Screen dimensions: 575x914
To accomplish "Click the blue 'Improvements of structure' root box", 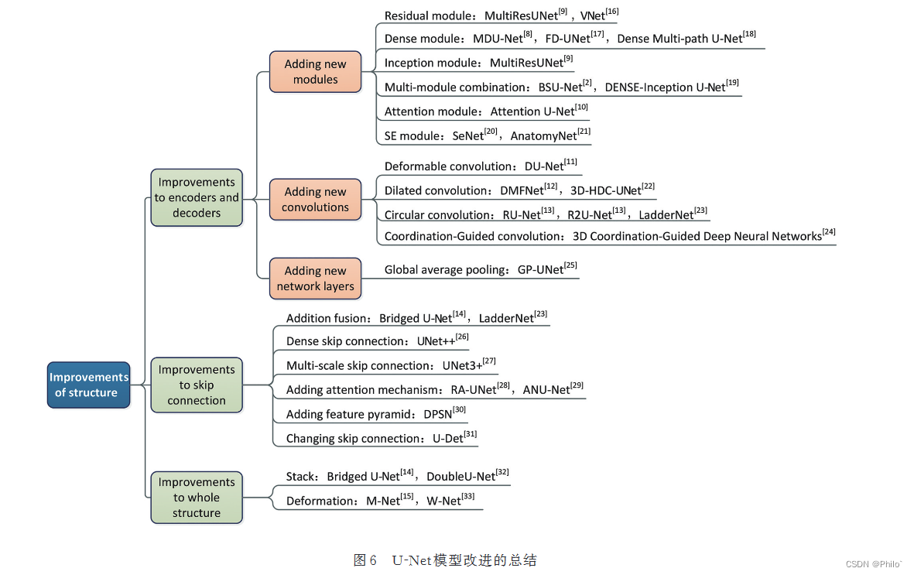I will click(88, 385).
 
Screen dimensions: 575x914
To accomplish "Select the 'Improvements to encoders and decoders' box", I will click(197, 197).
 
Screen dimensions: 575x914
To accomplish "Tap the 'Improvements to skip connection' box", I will click(197, 385).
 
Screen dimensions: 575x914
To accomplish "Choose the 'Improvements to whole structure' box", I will click(197, 497).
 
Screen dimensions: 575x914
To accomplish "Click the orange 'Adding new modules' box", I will click(315, 71).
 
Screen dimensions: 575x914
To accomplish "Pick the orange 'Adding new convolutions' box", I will click(315, 199).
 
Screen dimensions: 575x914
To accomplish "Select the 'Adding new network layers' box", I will click(315, 278).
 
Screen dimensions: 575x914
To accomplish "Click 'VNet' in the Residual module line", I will click(592, 15).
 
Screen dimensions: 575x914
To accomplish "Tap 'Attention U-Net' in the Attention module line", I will click(532, 111).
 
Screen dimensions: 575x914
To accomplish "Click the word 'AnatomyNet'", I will click(543, 136).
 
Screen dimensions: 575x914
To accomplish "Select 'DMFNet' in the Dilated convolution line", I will click(522, 190).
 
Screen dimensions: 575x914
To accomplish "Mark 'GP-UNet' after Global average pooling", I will click(540, 270).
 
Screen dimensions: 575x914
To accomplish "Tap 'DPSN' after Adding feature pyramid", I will click(437, 414).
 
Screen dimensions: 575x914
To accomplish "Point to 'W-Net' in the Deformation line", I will click(443, 501).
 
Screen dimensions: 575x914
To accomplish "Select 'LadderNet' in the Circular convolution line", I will click(666, 215).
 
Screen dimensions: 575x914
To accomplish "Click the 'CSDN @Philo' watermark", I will click(874, 564).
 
